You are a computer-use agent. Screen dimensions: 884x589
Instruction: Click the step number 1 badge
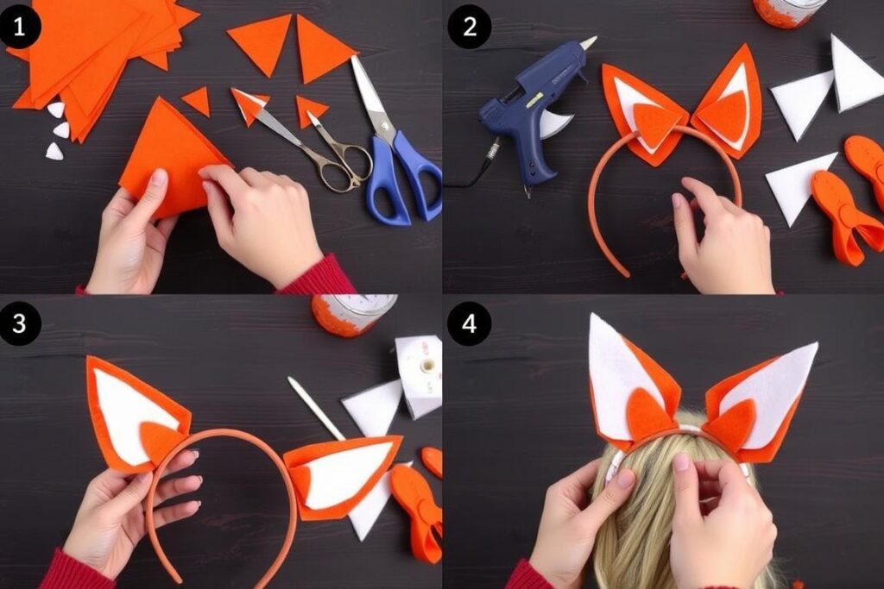20,26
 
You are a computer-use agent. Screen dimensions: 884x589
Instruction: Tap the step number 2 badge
470,26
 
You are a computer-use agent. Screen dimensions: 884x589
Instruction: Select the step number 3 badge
20,323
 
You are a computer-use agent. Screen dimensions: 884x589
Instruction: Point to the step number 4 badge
470,323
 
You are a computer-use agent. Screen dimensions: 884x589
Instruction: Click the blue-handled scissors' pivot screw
384,126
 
